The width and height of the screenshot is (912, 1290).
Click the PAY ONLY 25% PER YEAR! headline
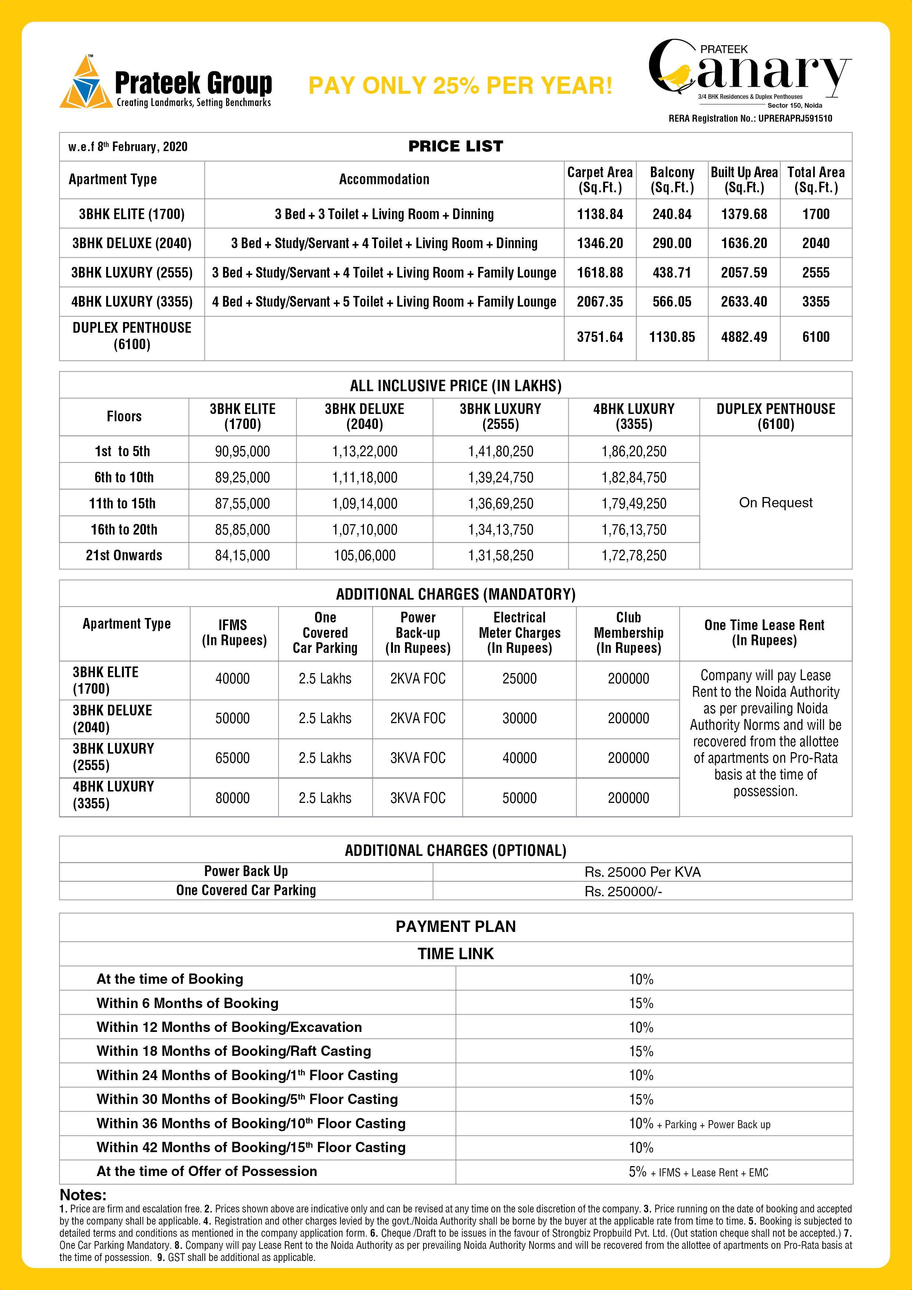pos(460,85)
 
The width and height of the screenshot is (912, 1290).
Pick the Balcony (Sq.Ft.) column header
pos(672,180)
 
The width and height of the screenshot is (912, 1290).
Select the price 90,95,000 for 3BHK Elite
pos(242,451)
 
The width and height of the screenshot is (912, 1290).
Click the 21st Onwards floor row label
pos(124,555)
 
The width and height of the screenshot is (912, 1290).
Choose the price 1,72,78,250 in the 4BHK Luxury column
pos(633,555)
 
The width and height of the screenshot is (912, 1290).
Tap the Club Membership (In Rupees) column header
pos(628,633)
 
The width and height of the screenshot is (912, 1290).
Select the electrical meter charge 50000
pos(519,798)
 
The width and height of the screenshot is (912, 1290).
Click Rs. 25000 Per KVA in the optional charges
pos(642,872)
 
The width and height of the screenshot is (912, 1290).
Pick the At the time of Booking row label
pos(170,979)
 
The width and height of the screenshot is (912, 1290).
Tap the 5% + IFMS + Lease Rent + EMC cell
pos(698,1172)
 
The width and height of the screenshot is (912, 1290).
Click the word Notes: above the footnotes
pos(83,1194)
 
